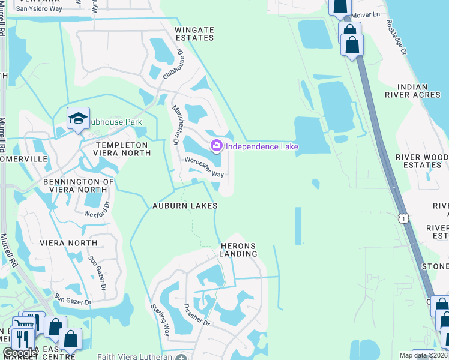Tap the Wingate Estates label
pyautogui.click(x=194, y=33)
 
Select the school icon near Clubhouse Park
pyautogui.click(x=79, y=119)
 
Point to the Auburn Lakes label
pyautogui.click(x=184, y=206)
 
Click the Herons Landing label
pyautogui.click(x=238, y=250)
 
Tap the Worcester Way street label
pyautogui.click(x=204, y=167)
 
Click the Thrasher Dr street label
pyautogui.click(x=196, y=314)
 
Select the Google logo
pyautogui.click(x=20, y=353)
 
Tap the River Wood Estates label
pyautogui.click(x=421, y=161)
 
